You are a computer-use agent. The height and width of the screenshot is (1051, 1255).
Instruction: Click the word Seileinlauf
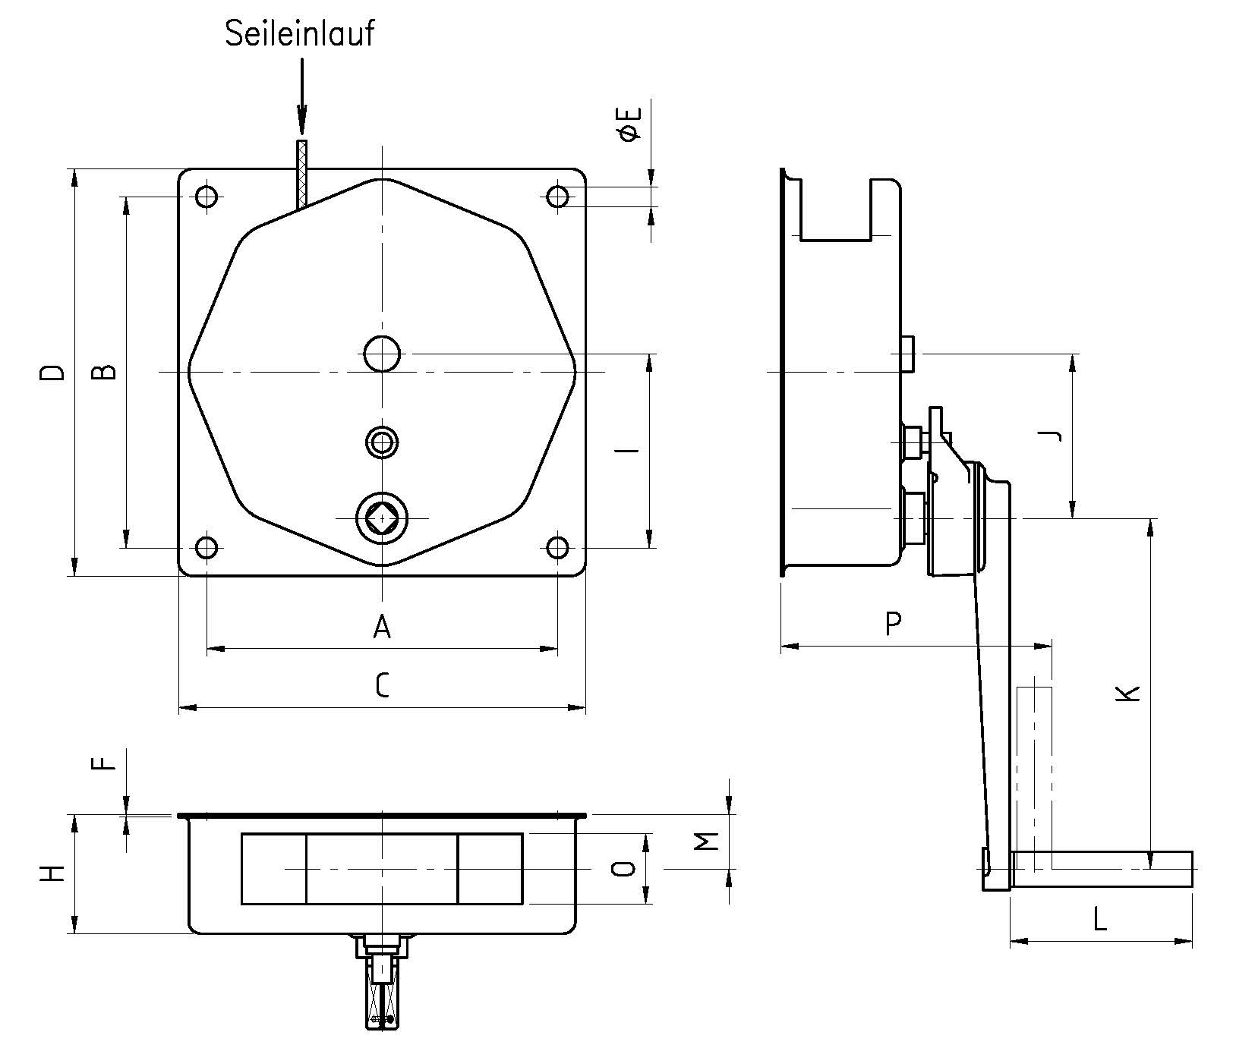[x=300, y=34]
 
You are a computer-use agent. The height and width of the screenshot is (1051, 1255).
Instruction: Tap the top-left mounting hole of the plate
[x=207, y=197]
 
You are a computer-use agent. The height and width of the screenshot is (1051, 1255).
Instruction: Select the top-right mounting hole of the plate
[x=558, y=197]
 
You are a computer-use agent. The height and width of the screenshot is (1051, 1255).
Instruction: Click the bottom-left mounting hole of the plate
[x=207, y=547]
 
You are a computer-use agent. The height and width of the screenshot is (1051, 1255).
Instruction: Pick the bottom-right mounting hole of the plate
[x=558, y=547]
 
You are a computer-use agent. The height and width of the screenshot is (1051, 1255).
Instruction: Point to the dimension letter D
[x=52, y=372]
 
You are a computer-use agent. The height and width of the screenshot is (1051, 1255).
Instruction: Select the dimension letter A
[x=382, y=627]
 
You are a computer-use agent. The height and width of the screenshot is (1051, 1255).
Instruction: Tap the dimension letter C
[x=382, y=686]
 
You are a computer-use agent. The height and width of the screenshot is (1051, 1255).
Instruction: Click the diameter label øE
[x=631, y=124]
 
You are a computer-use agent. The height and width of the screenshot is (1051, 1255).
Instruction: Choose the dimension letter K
[x=1130, y=692]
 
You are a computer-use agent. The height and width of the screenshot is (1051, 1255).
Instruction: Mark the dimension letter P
[x=894, y=624]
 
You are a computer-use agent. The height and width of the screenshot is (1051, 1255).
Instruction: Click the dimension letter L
[x=1100, y=920]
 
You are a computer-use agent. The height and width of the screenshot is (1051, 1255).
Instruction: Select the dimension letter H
[x=52, y=873]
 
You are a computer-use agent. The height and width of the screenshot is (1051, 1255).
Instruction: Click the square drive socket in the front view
[x=382, y=518]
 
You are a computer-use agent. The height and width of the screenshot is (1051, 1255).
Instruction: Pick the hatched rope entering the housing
[x=303, y=175]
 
